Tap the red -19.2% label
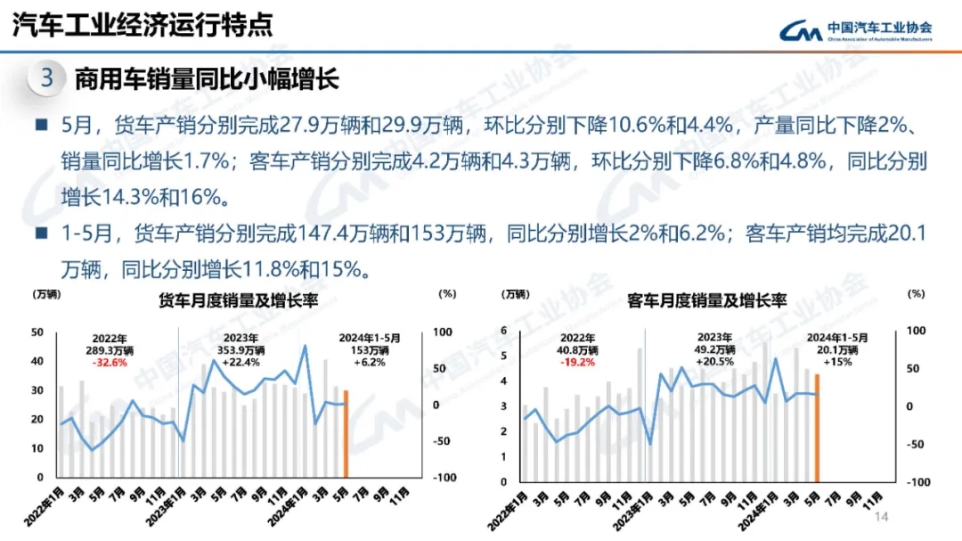pos(578,363)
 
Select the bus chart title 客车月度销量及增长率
pos(706,300)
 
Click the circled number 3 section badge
pos(46,78)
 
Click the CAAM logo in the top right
pos(855,31)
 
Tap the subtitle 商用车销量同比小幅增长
pos(207,79)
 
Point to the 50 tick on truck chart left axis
pos(37,332)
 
